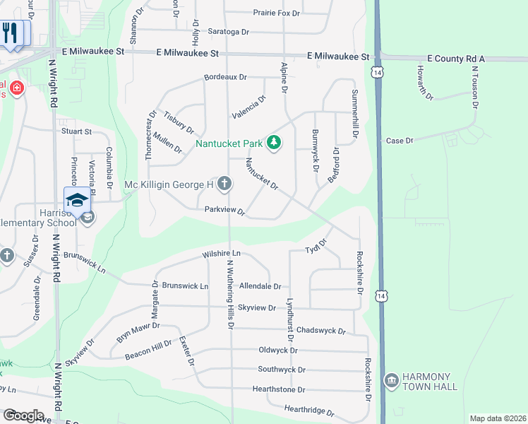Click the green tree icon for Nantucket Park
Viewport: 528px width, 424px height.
tap(274, 143)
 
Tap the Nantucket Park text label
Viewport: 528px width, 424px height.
tap(228, 144)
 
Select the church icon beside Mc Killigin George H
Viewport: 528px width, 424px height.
tap(224, 184)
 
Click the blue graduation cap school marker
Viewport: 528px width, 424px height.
tap(77, 199)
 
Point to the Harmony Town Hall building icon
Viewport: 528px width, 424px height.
tap(391, 381)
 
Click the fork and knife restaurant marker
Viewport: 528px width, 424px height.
tap(10, 33)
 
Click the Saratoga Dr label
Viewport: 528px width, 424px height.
tap(229, 32)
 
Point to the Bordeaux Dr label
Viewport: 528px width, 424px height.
tap(225, 77)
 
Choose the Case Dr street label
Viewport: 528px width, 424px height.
tap(400, 141)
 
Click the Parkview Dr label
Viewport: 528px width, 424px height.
tap(224, 211)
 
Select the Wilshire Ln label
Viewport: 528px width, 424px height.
tap(221, 253)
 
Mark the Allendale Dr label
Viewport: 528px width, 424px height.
tap(260, 286)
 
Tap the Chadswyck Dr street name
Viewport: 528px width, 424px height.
tap(320, 331)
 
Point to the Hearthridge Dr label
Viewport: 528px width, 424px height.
tap(308, 410)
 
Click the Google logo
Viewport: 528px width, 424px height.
tap(23, 416)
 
